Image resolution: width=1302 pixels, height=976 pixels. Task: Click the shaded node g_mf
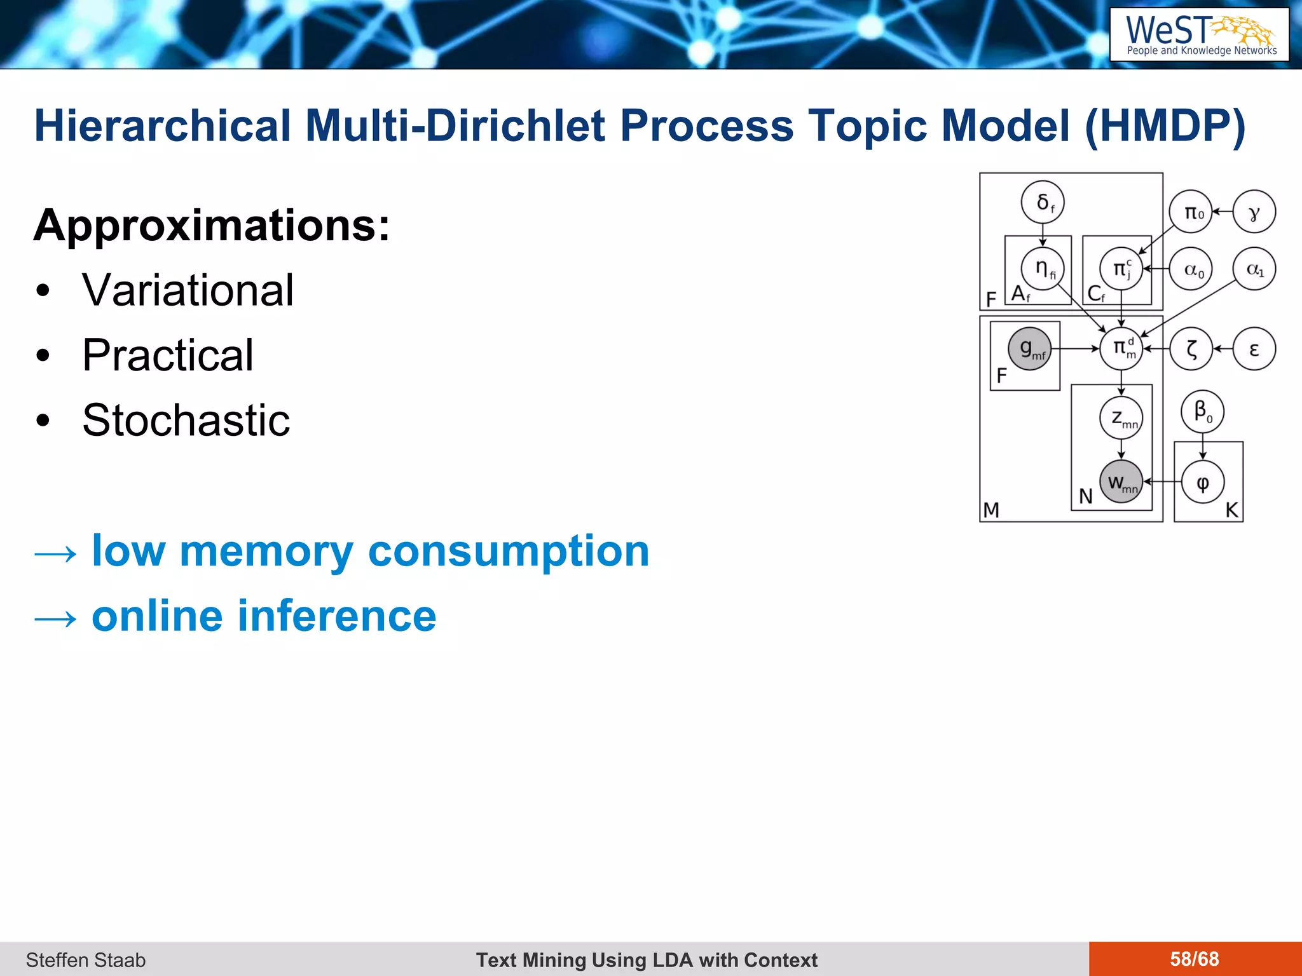pos(1029,348)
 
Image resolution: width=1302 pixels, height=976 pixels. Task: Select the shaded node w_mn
pos(1121,482)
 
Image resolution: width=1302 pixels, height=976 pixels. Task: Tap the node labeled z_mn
pos(1121,417)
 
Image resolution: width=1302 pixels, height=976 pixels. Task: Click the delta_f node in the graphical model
pos(1043,203)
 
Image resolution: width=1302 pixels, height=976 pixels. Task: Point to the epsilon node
pos(1254,349)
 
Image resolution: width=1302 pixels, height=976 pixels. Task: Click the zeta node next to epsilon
pos(1192,349)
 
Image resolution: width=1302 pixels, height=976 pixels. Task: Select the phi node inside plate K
pos(1202,482)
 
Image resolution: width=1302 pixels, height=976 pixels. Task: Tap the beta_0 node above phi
pos(1202,411)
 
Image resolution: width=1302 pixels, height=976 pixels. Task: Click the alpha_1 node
pos(1254,269)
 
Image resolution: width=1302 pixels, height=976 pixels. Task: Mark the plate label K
pos(1231,510)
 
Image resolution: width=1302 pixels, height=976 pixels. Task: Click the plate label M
pos(991,510)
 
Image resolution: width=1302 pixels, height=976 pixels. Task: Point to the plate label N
pos(1085,496)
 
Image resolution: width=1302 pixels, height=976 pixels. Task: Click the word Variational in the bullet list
pos(188,290)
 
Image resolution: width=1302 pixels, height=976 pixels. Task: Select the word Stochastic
pos(186,420)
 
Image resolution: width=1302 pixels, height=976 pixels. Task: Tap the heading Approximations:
pos(212,225)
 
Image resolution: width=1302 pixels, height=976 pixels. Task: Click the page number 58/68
pos(1194,959)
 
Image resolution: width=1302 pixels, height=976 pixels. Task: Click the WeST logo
pos(1199,35)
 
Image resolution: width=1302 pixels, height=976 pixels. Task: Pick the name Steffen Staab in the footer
pos(86,959)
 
